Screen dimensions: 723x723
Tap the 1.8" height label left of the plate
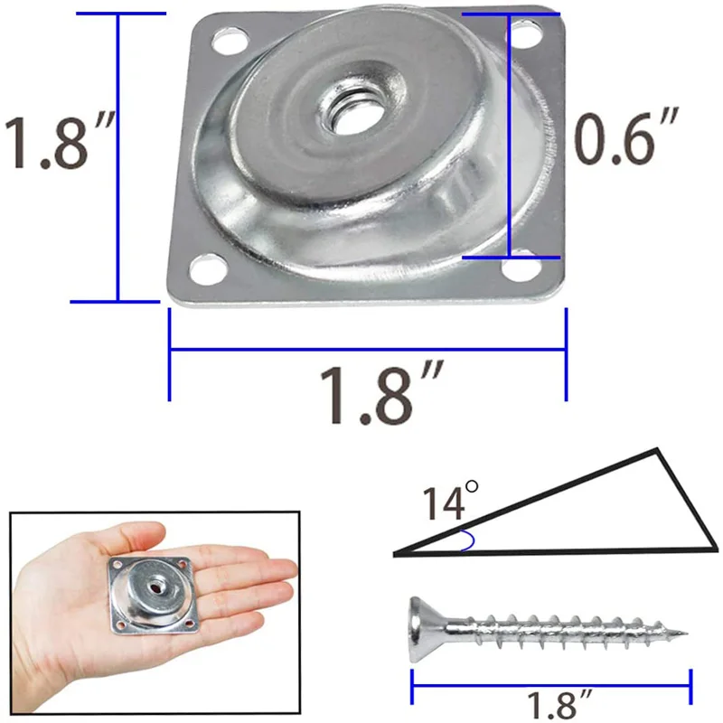tap(56, 140)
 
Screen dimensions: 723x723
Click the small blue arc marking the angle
tap(468, 541)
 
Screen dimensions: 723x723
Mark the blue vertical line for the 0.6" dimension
tap(510, 136)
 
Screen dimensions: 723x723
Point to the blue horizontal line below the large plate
tap(368, 352)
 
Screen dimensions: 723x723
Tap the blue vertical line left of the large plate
tap(117, 158)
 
